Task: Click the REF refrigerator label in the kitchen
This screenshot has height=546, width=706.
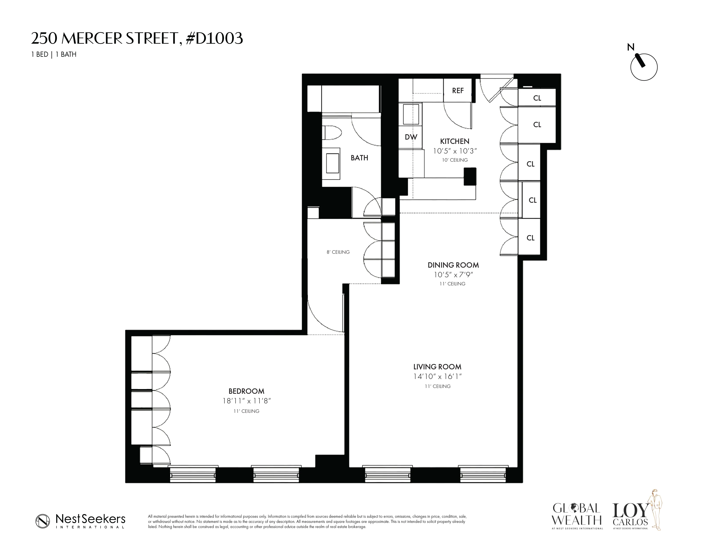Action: (458, 91)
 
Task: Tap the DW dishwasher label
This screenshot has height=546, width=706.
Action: (411, 137)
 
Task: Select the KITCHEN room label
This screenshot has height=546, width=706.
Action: (454, 141)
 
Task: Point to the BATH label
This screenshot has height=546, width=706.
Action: (359, 158)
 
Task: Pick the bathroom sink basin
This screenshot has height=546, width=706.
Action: (332, 163)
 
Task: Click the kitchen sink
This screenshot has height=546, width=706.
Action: (411, 114)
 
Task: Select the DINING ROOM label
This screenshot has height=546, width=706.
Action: (453, 265)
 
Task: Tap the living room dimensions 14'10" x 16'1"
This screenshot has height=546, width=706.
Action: (437, 376)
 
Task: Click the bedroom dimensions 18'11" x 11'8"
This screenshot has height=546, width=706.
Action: (246, 401)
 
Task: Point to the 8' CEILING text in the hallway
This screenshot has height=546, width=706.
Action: (338, 252)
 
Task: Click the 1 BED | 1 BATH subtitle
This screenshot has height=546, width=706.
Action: (54, 54)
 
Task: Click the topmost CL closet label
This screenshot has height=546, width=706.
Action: (537, 98)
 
